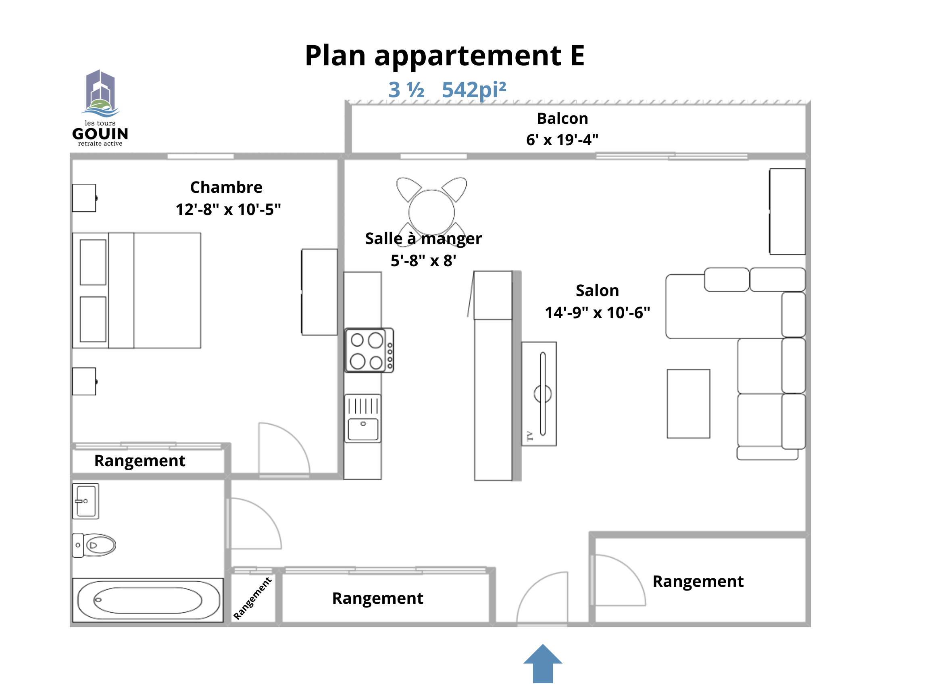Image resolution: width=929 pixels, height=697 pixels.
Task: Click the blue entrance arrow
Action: (543, 664)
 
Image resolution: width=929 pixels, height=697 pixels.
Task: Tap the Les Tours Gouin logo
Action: (100, 108)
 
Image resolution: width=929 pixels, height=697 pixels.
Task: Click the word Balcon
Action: (562, 119)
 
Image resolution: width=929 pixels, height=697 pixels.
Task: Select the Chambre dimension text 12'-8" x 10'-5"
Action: (228, 209)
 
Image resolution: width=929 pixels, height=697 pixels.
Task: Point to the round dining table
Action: (432, 213)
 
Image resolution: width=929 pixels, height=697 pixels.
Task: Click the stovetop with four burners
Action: (369, 351)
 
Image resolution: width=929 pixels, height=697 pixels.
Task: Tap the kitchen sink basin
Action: (363, 429)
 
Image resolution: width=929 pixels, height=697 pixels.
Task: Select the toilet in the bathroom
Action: (94, 545)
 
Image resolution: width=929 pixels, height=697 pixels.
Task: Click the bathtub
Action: (148, 600)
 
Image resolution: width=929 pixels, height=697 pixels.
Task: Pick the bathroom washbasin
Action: (85, 501)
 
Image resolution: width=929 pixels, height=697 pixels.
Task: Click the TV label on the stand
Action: (529, 436)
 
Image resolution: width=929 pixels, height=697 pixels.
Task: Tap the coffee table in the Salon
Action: (688, 404)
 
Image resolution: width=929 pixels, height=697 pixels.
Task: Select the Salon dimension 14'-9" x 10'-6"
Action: (597, 313)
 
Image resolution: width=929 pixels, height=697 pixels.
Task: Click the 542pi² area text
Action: (474, 90)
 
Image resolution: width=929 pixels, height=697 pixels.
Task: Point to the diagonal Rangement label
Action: (252, 598)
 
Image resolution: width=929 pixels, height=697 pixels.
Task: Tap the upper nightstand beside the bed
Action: (84, 198)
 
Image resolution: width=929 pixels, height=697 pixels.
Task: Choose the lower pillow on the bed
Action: (93, 319)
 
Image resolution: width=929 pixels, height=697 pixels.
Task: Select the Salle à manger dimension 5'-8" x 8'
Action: (423, 261)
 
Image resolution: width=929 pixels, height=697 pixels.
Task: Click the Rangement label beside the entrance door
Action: (698, 582)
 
